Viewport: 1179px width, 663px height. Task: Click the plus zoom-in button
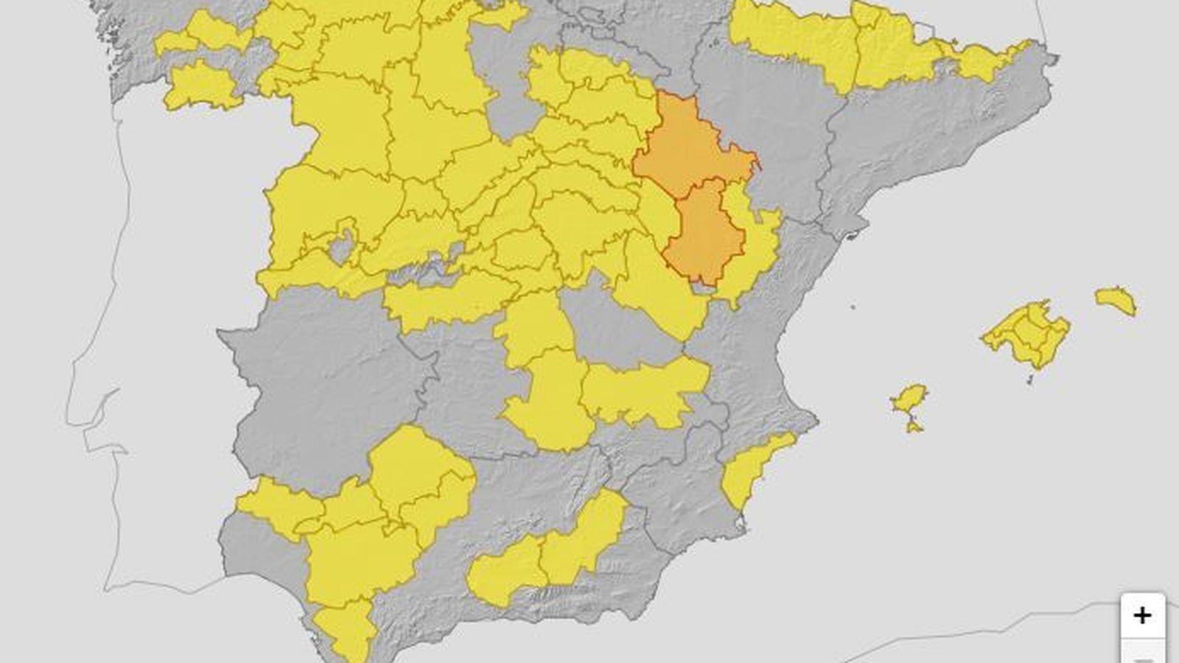pos(1142,615)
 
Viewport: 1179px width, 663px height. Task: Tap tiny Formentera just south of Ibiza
pos(914,427)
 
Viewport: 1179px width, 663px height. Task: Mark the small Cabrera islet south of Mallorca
pos(1030,379)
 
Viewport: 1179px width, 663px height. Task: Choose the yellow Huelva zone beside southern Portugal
pos(276,505)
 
